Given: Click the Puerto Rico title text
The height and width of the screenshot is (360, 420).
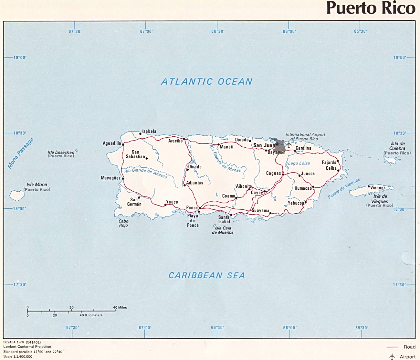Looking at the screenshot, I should (x=371, y=8).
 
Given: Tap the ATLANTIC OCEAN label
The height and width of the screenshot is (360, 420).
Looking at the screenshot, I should (x=207, y=82).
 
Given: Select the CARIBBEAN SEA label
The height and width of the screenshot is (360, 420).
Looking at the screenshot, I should (x=207, y=275).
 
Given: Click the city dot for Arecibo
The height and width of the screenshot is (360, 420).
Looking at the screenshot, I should (x=184, y=139).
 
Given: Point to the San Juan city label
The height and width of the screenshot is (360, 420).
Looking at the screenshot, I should (x=264, y=145).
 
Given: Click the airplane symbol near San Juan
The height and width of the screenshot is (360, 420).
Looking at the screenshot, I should (x=289, y=144).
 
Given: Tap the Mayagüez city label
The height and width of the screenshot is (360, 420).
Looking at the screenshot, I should (x=110, y=178).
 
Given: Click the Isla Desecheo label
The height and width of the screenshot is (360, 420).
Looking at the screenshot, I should (x=61, y=153).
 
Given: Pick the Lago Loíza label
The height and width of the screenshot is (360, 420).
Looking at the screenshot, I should (x=299, y=164).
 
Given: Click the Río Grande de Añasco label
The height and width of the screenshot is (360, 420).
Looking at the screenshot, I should (x=146, y=173).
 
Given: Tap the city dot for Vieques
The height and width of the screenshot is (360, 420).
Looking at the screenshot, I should (x=369, y=186).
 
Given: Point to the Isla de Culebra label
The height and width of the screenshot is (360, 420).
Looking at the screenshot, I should (x=397, y=146).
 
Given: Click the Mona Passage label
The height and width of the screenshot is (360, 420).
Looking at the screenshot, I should (x=20, y=154).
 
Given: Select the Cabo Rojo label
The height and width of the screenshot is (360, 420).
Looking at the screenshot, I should (x=123, y=223).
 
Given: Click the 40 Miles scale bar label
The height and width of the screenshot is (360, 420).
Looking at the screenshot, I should (x=120, y=307).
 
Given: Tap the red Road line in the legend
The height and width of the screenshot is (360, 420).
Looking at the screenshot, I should (x=392, y=347).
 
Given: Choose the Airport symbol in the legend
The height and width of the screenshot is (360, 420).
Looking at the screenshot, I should (x=392, y=356).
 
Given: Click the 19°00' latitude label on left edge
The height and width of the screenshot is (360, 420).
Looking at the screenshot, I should (x=20, y=58).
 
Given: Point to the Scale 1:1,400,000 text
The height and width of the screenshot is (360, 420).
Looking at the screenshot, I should (x=18, y=357).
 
